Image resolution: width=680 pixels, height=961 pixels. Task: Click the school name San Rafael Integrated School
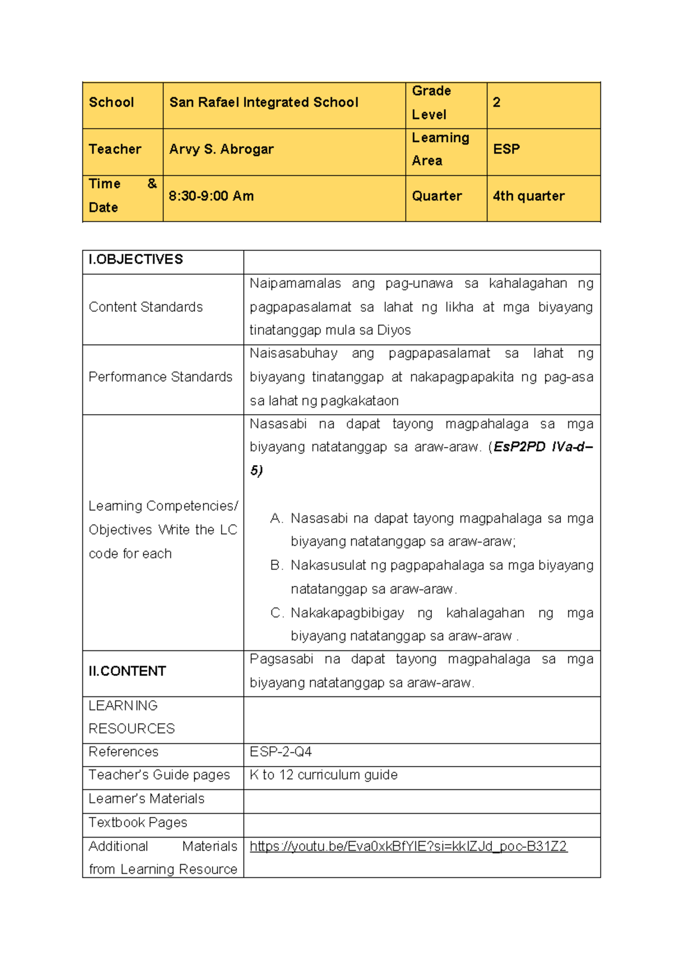263,103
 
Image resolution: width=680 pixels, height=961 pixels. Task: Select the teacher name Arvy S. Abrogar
221,150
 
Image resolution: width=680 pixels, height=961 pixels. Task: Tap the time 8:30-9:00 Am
211,196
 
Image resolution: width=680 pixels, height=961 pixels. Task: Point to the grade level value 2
496,103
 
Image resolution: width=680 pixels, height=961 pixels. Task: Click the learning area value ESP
506,150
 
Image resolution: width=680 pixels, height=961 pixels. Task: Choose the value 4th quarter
528,196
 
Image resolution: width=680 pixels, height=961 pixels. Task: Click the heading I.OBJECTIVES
136,260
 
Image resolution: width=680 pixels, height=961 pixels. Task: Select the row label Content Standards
146,307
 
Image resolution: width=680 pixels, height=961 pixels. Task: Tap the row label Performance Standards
160,377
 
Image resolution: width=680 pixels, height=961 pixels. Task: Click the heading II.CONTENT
127,671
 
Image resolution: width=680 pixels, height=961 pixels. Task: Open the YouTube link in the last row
408,847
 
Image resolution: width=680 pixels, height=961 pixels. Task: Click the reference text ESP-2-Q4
280,752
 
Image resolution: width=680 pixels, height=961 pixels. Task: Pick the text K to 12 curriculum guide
324,775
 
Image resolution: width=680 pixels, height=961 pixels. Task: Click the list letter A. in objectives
276,518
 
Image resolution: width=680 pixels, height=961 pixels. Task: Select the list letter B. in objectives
276,565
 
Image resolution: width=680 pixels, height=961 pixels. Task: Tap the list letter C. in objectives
277,613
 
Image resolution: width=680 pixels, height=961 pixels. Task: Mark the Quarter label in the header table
437,196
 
